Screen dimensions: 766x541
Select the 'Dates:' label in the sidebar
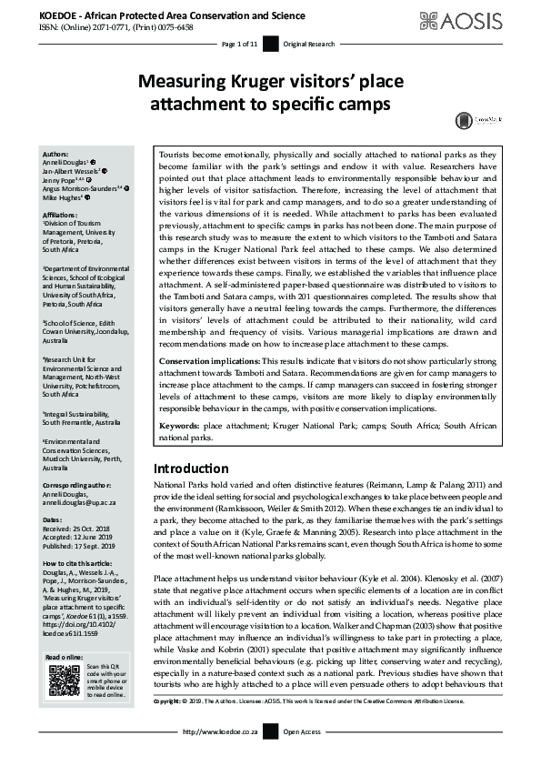click(52, 519)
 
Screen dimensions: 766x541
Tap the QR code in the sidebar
click(64, 680)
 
